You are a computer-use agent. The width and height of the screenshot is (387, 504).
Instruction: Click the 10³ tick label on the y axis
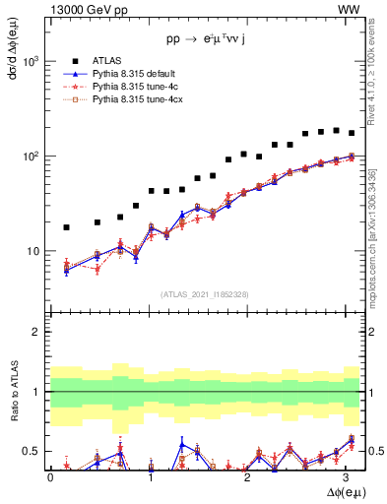pos(31,61)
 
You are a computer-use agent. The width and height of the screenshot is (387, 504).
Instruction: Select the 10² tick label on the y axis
pos(31,157)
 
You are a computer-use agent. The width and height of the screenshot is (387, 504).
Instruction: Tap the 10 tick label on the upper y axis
pos(32,252)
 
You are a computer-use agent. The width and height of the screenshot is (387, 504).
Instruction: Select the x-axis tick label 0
pos(50,475)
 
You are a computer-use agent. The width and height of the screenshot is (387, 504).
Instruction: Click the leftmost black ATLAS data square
pos(66,227)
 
